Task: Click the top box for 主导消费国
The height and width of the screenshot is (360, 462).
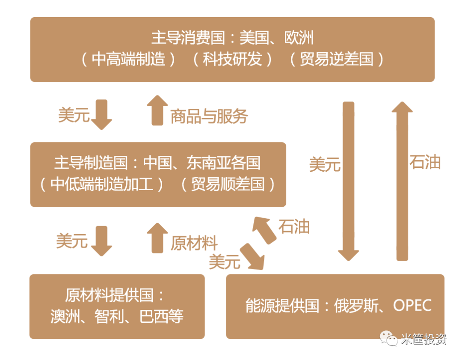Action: pyautogui.click(x=232, y=49)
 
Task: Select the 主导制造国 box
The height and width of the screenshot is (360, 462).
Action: pyautogui.click(x=158, y=174)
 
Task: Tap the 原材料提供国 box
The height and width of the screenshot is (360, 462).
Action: pyautogui.click(x=117, y=306)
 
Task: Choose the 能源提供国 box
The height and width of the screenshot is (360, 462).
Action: pyautogui.click(x=335, y=306)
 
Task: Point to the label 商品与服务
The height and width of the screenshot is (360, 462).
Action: pyautogui.click(x=209, y=116)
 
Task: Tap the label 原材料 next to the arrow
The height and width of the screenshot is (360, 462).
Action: pyautogui.click(x=194, y=243)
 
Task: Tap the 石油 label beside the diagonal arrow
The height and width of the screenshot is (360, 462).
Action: pyautogui.click(x=294, y=226)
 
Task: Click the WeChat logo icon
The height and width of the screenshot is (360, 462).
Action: pyautogui.click(x=389, y=339)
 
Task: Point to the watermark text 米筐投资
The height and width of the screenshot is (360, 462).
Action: pyautogui.click(x=423, y=339)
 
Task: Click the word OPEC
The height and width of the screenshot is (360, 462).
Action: pyautogui.click(x=412, y=306)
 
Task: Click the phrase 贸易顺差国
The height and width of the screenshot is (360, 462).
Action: pyautogui.click(x=228, y=184)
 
